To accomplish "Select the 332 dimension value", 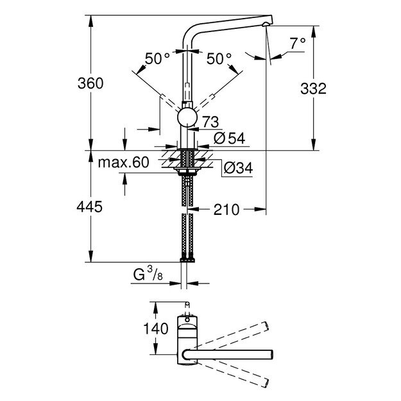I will (x=332, y=89).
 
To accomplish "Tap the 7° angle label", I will (x=297, y=44).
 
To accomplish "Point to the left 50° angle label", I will (x=157, y=58).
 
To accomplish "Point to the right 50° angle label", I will (x=219, y=58).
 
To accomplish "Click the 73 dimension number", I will (x=210, y=122).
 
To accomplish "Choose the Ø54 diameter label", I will (x=227, y=138).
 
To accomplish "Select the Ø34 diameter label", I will (x=237, y=168).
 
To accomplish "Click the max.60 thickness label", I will (x=124, y=162).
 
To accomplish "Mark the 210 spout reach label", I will (x=227, y=209).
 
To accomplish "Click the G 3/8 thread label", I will (x=146, y=277).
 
